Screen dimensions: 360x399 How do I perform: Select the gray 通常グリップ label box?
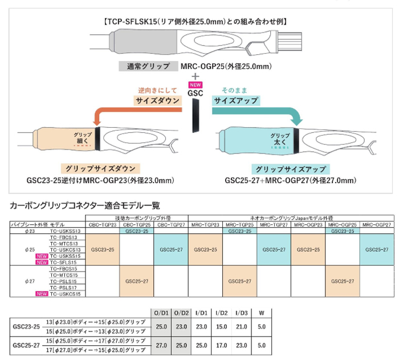coord(147,66)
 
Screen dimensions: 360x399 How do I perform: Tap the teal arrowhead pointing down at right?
coord(296,120)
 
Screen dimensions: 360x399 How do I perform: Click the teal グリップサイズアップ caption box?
coord(291,169)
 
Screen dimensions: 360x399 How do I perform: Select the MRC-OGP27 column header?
coord(377,225)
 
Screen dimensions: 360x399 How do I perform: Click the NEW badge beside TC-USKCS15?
coord(42,294)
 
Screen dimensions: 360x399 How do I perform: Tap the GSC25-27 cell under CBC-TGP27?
coord(171,249)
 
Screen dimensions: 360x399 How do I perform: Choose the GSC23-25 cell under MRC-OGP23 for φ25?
coord(308,249)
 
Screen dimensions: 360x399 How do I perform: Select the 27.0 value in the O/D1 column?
coord(160,345)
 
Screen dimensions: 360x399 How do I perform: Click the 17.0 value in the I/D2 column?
coord(221,345)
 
